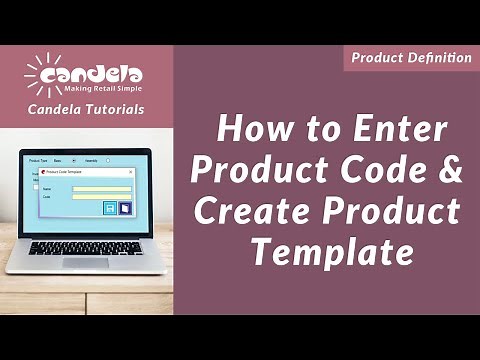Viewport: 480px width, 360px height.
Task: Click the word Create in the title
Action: point(254,210)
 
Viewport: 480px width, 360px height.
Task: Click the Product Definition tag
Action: point(410,58)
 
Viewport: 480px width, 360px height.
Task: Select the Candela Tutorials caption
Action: point(85,109)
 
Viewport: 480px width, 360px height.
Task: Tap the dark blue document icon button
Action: point(125,208)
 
